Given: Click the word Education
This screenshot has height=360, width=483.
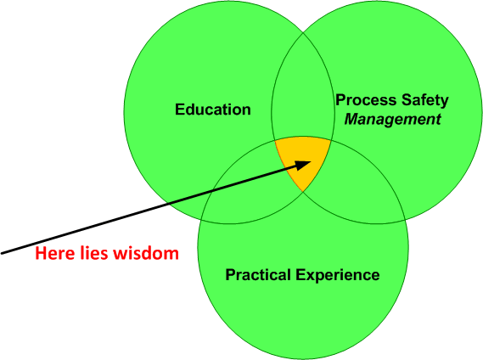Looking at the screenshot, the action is click(x=213, y=110).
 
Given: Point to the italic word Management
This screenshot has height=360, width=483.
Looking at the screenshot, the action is click(x=393, y=120).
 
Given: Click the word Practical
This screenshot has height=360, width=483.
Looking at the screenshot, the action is click(x=258, y=274).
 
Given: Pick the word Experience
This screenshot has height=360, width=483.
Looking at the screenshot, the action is click(x=338, y=275).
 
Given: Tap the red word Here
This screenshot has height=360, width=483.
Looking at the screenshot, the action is click(x=54, y=253).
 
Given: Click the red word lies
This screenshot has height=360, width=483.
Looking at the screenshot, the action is click(x=93, y=253).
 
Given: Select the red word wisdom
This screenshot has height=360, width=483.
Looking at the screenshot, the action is click(x=146, y=253).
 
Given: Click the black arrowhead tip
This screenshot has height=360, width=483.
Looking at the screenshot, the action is click(x=312, y=161).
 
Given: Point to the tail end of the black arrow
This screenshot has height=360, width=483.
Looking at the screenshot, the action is click(x=2, y=253).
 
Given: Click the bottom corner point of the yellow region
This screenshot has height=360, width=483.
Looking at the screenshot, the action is click(x=303, y=191).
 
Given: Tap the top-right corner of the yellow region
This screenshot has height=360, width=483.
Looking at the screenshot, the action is click(x=331, y=141).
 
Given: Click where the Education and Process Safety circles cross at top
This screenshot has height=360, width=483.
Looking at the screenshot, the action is click(x=303, y=31).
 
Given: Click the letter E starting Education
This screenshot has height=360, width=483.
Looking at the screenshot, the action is click(x=180, y=110).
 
